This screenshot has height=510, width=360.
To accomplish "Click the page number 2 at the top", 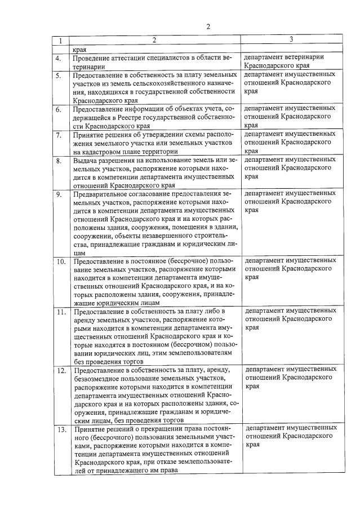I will (208, 26).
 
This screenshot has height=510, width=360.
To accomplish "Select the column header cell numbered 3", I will (291, 39).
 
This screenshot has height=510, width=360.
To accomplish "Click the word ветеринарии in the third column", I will (316, 57).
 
